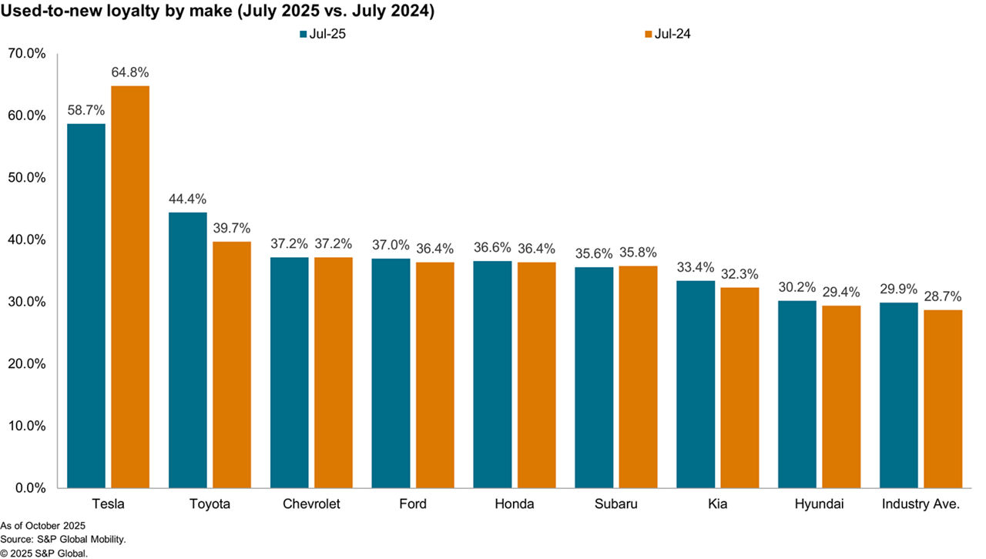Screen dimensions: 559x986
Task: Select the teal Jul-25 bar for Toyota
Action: pyautogui.click(x=188, y=350)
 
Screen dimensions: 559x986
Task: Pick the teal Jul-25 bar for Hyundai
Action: pyautogui.click(x=797, y=394)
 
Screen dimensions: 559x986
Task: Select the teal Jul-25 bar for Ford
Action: pyautogui.click(x=391, y=373)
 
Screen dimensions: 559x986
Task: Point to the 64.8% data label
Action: pyautogui.click(x=130, y=72)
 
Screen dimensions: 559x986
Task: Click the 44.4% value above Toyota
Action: pyautogui.click(x=188, y=199)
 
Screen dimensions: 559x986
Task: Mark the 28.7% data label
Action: pyautogui.click(x=943, y=296)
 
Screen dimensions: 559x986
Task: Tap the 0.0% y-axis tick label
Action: pyautogui.click(x=31, y=488)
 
